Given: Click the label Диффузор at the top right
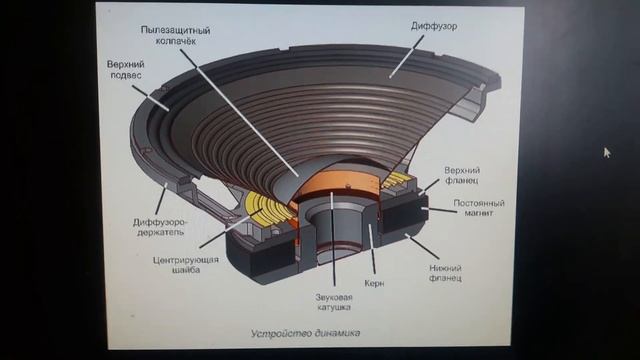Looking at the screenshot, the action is point(434,26).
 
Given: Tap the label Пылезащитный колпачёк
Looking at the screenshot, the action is point(176,36).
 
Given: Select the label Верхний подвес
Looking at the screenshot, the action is point(126,69).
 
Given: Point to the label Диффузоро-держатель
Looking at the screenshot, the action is point(160,227).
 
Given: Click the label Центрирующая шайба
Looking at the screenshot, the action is point(186,264).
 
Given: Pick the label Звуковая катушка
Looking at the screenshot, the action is point(334,302).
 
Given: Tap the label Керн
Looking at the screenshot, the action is point(374,283).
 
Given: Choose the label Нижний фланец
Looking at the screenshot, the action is point(445,273).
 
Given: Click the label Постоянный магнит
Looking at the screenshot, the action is point(479,208).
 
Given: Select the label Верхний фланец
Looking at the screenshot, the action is point(462,175).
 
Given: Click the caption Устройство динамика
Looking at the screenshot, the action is point(305,333).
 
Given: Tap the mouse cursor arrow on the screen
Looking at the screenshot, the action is point(607,153).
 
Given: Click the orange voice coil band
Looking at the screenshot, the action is point(341,183).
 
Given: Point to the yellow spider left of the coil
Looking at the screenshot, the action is point(267,208).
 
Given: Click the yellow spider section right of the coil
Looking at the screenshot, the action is point(397,180).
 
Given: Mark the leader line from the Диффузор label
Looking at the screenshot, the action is point(407,56).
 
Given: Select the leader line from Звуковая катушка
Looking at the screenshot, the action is point(333,239).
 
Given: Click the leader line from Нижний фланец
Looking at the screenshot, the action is point(422,247).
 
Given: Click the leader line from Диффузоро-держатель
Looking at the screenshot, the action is point(161,200).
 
